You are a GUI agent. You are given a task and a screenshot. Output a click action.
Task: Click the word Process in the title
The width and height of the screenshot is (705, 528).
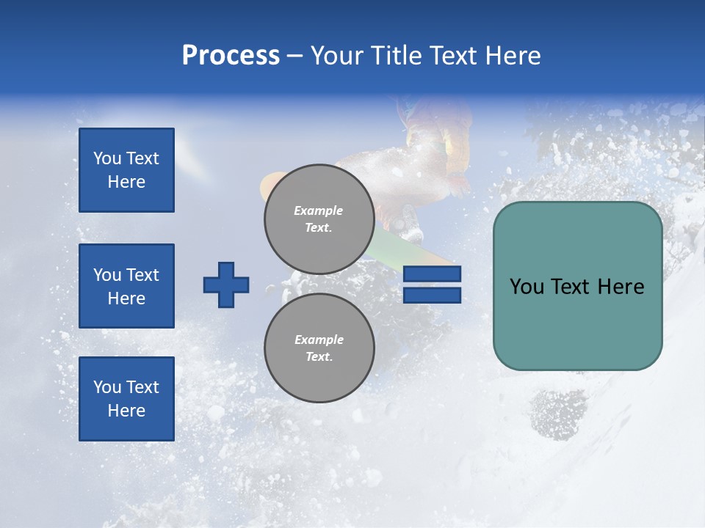(231, 56)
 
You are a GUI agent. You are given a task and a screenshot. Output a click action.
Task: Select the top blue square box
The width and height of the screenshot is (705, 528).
(126, 170)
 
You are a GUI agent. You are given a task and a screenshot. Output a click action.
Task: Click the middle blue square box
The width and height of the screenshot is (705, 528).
(126, 286)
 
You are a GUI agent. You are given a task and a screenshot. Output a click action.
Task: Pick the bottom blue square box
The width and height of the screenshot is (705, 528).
(126, 399)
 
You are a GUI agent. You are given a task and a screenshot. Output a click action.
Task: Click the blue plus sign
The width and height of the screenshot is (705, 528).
(226, 285)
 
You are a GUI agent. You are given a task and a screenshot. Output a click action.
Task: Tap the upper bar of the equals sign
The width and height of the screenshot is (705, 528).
(432, 274)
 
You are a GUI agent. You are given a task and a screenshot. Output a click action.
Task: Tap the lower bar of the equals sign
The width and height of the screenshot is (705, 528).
(432, 295)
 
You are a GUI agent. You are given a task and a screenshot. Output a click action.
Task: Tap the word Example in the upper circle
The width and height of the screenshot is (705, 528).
(318, 210)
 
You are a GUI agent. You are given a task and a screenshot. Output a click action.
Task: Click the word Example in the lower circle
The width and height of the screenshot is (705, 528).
(319, 340)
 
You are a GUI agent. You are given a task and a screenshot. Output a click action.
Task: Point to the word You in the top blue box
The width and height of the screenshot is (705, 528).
(107, 158)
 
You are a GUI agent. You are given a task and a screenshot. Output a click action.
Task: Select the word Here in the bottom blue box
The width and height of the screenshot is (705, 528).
(126, 411)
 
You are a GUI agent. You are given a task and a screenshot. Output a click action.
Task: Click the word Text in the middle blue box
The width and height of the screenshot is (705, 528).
(142, 275)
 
